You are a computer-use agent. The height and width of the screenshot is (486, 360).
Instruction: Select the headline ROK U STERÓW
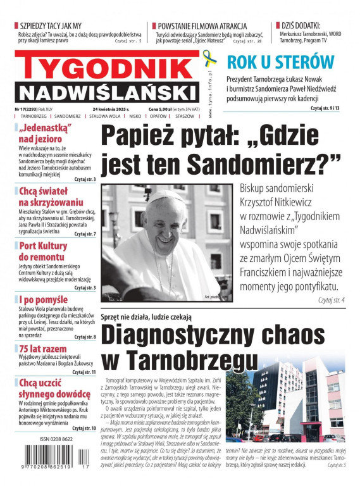tap(280, 62)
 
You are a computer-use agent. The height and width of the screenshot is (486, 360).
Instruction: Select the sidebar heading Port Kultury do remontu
tap(43, 251)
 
